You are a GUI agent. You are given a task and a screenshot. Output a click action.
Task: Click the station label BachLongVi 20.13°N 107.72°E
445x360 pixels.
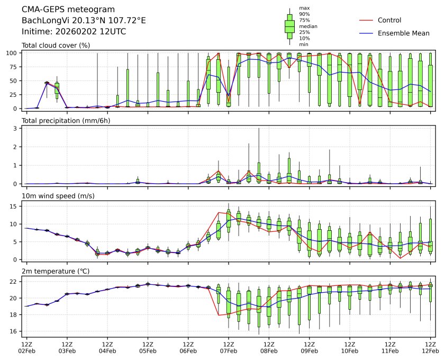(x=84, y=21)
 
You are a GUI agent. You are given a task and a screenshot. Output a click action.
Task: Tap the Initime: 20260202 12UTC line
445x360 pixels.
(x=74, y=32)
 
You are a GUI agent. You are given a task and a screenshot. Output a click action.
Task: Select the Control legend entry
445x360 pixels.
(x=389, y=20)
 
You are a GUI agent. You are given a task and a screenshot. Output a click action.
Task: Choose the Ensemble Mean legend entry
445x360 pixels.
(x=403, y=33)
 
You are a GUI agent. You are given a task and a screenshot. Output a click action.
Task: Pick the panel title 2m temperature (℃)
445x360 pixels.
(x=55, y=272)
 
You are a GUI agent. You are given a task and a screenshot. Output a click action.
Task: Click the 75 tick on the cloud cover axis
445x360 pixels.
(x=16, y=67)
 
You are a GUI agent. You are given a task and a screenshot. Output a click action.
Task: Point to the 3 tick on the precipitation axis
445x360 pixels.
(x=17, y=128)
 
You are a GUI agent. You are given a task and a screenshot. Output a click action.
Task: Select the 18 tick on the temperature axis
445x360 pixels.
(x=16, y=314)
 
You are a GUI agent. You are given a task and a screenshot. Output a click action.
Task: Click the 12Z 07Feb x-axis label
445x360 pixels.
(x=228, y=347)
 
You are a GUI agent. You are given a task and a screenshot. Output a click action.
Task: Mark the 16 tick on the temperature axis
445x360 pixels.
(x=16, y=331)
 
